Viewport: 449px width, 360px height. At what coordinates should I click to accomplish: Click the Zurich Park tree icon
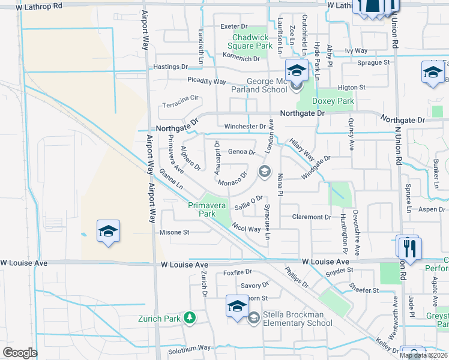[x=190, y=317]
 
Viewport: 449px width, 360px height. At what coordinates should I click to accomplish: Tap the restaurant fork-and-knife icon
[x=409, y=247]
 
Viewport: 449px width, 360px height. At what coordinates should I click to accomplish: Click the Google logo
[x=20, y=353]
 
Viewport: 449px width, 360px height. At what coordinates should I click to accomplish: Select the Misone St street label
[x=174, y=232]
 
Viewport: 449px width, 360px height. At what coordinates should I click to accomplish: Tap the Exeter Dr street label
[x=234, y=26]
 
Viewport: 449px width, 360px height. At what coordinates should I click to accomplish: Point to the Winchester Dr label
[x=245, y=127]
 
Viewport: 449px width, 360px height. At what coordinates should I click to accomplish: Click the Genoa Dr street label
[x=242, y=152]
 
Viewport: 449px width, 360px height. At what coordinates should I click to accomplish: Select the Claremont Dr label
[x=311, y=217]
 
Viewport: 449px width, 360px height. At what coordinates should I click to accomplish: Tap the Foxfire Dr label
[x=237, y=272]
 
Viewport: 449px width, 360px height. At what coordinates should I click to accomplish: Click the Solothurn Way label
[x=189, y=348]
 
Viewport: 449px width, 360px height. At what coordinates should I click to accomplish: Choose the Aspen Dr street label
[x=431, y=209]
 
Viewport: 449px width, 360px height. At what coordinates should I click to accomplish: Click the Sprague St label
[x=373, y=62]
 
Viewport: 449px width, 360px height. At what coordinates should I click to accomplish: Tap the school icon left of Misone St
[x=108, y=231]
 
